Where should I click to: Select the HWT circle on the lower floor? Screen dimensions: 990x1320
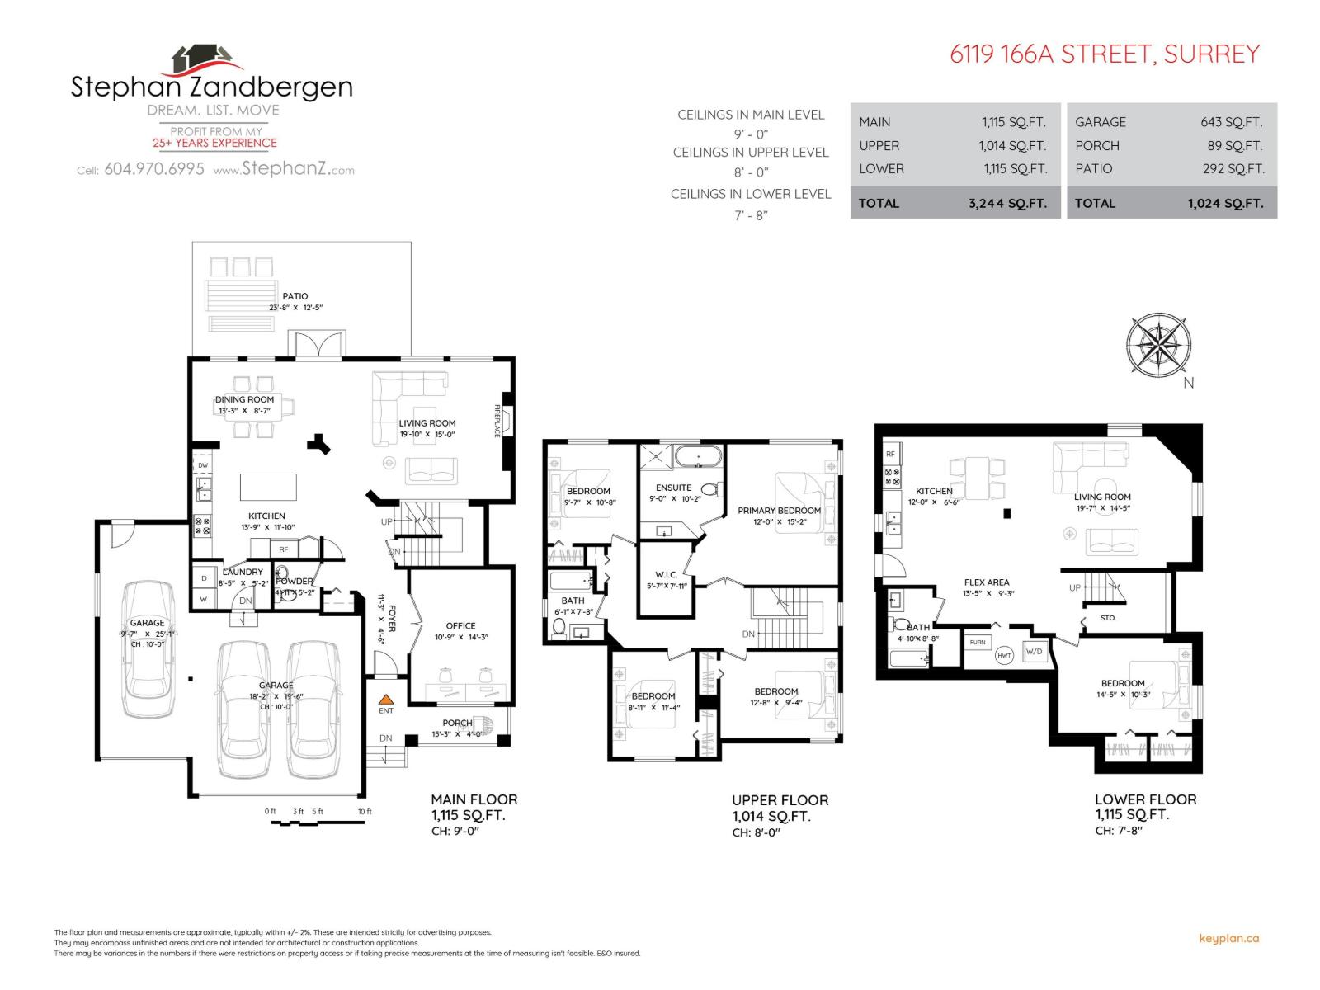point(1004,656)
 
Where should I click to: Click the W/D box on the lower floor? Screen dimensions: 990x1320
point(1034,651)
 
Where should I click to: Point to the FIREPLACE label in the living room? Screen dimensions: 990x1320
point(497,421)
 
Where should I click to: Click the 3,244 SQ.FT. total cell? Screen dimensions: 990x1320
point(1007,203)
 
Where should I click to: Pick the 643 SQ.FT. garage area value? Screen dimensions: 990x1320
point(1231,122)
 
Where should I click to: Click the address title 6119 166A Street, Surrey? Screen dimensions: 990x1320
point(1105,54)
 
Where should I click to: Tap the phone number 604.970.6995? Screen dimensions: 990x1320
point(154,170)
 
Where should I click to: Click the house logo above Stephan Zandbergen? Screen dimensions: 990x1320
point(206,60)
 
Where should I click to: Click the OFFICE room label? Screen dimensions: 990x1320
point(460,625)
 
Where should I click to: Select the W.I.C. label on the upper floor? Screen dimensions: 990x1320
point(666,574)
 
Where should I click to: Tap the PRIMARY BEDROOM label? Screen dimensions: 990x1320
point(779,511)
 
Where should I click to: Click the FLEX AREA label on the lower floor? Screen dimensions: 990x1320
point(987,582)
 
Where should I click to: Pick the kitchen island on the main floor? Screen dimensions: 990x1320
point(268,487)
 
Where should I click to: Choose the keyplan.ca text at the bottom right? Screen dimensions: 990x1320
point(1228,938)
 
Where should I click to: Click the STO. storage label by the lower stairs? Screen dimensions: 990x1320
point(1108,617)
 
